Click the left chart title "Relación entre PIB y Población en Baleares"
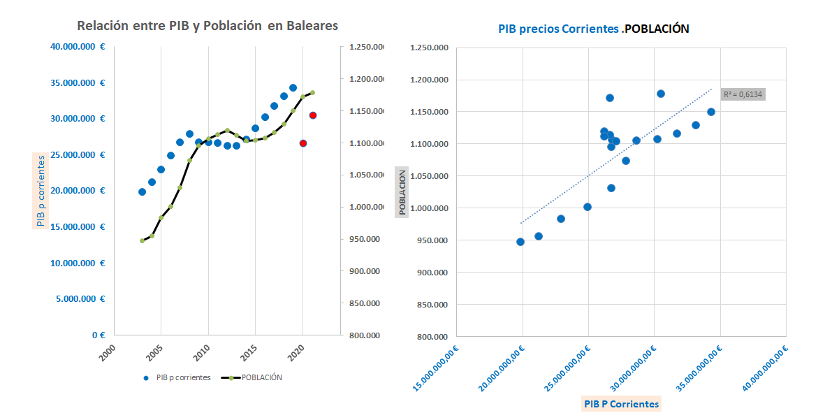click(207, 26)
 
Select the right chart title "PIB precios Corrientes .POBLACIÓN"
click(593, 29)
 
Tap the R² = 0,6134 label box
click(743, 94)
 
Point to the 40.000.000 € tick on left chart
click(78, 48)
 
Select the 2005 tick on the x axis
click(156, 349)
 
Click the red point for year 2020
click(303, 143)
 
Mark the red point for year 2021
click(313, 115)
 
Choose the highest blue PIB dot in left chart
click(293, 88)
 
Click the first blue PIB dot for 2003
click(142, 191)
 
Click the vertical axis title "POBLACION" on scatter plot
click(402, 192)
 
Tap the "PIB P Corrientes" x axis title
click(621, 403)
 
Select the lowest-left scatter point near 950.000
click(520, 242)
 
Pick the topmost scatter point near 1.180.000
click(661, 94)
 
